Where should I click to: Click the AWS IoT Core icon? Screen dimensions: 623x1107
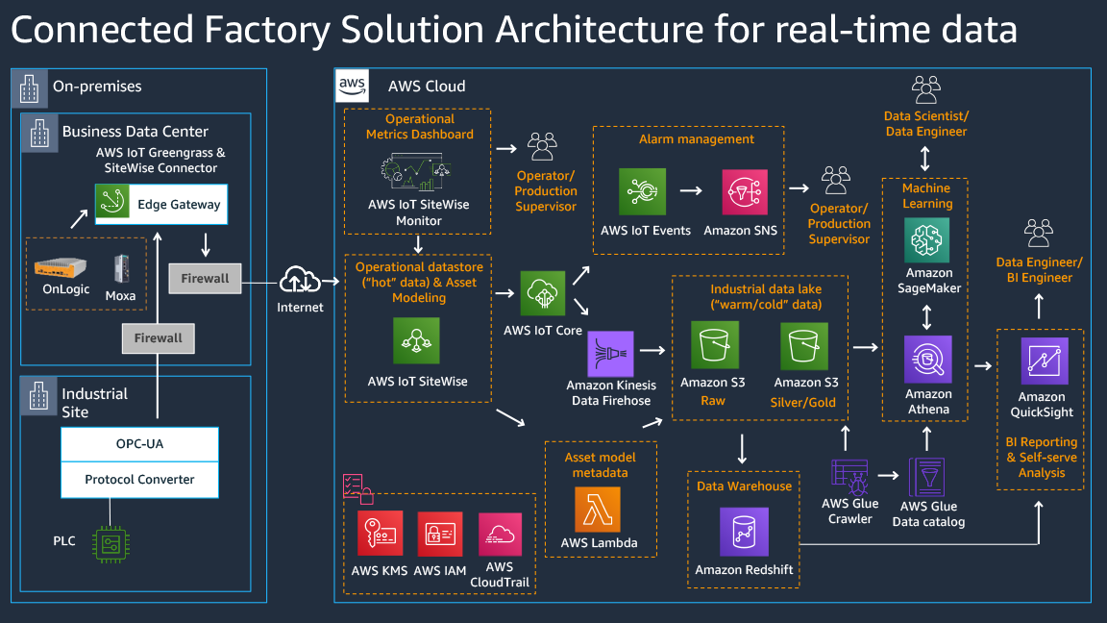click(543, 293)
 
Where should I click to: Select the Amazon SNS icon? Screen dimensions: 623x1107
click(745, 192)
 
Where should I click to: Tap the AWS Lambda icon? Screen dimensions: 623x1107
click(598, 509)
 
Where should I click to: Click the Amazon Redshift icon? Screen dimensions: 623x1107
click(744, 531)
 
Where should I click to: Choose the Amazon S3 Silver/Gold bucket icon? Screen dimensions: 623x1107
click(803, 346)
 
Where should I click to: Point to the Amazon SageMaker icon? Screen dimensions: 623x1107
click(927, 239)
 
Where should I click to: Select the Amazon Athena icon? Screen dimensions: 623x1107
click(927, 360)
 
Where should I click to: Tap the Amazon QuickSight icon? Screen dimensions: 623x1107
click(1042, 361)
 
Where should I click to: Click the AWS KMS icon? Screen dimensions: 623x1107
click(380, 535)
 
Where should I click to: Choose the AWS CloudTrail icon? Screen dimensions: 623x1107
click(500, 535)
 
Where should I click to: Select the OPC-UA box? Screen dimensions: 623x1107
click(139, 444)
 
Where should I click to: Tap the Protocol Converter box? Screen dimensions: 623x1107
click(139, 479)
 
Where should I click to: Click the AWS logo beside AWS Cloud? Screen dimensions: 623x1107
click(352, 86)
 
